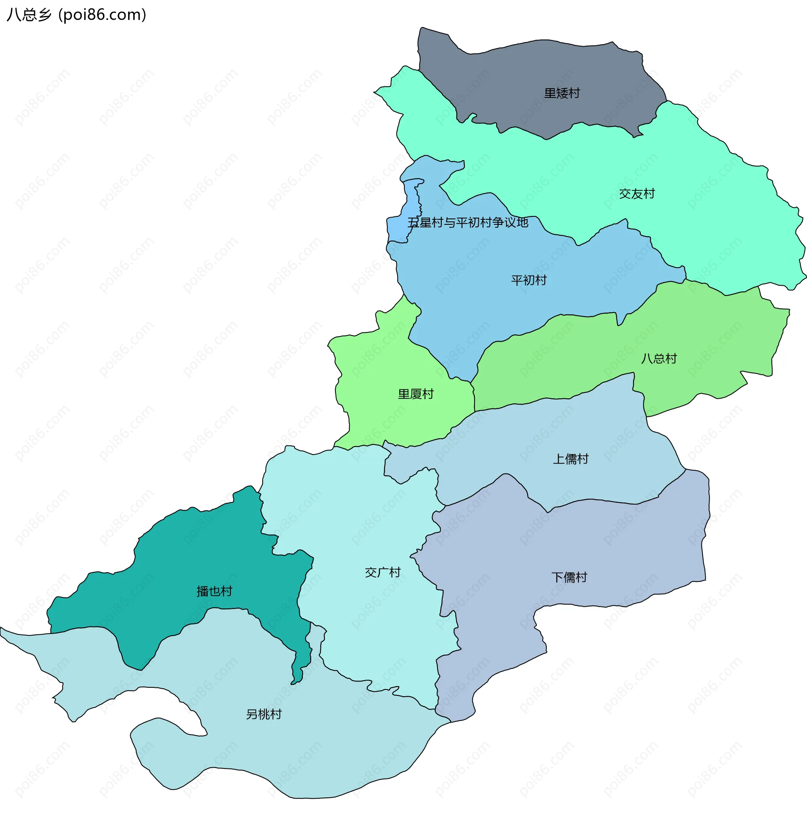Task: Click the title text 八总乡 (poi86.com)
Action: [76, 15]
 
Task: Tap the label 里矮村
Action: [562, 93]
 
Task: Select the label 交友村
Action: [637, 194]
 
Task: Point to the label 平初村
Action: [528, 280]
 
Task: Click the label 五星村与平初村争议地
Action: [467, 222]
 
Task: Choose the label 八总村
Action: [659, 358]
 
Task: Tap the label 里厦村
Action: [415, 394]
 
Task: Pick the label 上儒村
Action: [570, 459]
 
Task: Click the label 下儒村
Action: [569, 577]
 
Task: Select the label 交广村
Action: [382, 572]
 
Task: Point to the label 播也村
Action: [214, 591]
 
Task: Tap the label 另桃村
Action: [264, 714]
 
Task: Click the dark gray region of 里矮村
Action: [530, 68]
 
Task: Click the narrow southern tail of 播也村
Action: [302, 661]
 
